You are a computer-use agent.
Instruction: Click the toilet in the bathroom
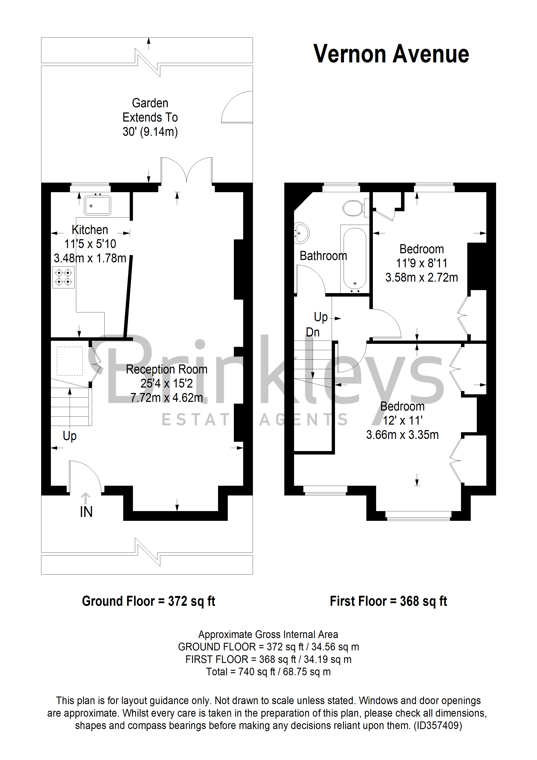click(354, 208)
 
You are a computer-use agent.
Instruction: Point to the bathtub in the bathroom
click(355, 258)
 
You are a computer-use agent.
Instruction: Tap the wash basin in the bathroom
click(301, 233)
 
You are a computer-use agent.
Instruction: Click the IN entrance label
click(86, 512)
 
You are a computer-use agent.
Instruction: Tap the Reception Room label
click(167, 369)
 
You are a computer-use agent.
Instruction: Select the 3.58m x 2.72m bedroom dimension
click(422, 277)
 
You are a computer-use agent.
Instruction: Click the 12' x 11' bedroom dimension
click(402, 420)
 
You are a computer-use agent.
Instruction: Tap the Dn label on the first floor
click(313, 332)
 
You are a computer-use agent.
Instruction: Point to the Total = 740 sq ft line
click(268, 672)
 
